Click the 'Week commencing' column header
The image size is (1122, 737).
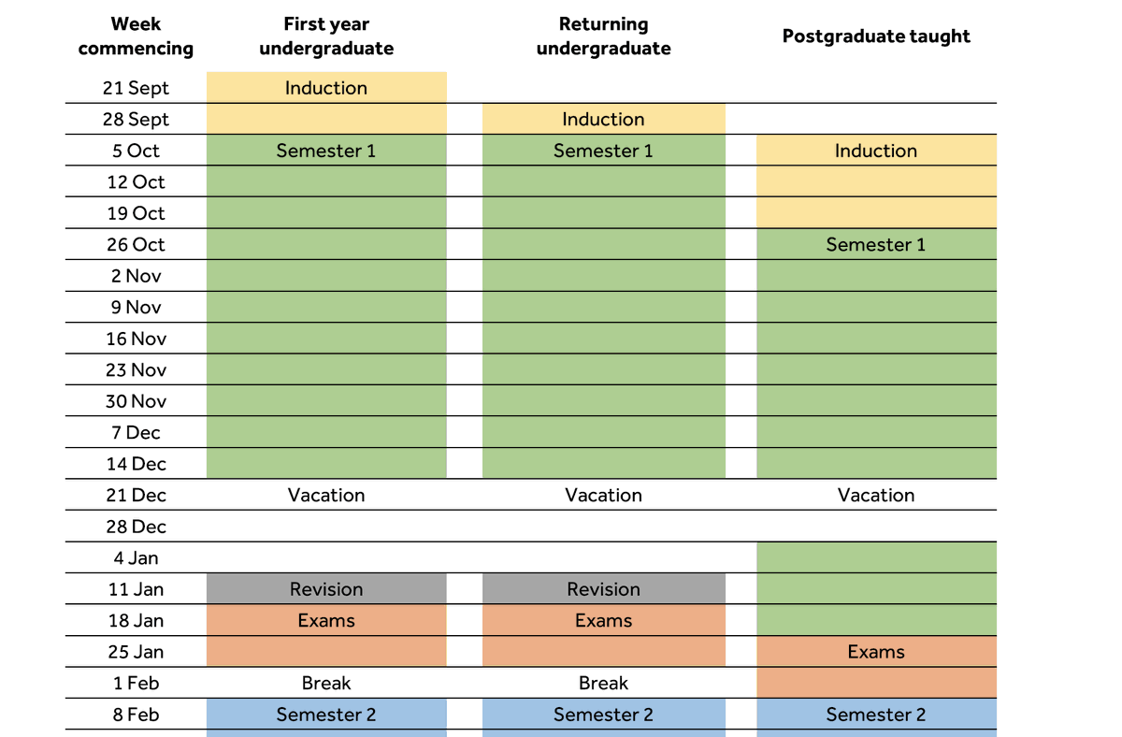[x=136, y=36]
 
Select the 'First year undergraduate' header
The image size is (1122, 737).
[x=326, y=36]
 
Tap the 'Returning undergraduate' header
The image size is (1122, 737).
[x=604, y=36]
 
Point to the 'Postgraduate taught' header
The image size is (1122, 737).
[x=876, y=36]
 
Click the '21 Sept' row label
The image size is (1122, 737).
[x=136, y=88]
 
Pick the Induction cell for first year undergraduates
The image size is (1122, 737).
[x=326, y=88]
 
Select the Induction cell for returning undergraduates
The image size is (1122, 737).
[x=604, y=119]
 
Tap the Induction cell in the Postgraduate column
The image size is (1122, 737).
[x=876, y=151]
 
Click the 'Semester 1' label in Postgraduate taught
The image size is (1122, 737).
[x=876, y=244]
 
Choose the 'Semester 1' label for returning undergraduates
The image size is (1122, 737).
[x=604, y=151]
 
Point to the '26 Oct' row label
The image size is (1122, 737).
[x=136, y=244]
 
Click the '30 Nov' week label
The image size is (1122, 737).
[x=136, y=401]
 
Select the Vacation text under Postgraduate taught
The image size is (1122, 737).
[x=876, y=495]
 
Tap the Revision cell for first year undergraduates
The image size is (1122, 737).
[x=326, y=588]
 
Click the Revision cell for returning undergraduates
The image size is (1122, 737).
[x=604, y=588]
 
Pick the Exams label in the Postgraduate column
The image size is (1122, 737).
[x=876, y=652]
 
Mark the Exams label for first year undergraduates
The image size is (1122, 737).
[x=326, y=620]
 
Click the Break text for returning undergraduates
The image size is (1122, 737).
[x=604, y=683]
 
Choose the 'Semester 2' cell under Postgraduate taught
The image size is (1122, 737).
[x=876, y=715]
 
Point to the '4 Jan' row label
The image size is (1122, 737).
[x=136, y=557]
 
